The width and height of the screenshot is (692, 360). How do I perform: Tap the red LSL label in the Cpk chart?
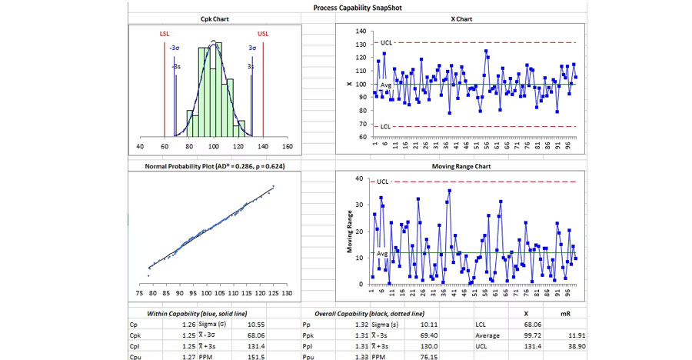point(165,35)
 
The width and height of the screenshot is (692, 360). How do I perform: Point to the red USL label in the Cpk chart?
point(263,35)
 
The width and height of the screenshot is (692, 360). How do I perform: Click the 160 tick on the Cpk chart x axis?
point(288,145)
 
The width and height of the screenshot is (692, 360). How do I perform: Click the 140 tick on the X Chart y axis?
point(361,32)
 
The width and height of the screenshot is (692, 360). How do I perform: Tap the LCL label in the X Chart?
point(388,125)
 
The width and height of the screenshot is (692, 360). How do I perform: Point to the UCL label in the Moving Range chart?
point(384,182)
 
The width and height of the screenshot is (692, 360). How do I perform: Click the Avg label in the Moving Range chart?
point(383,253)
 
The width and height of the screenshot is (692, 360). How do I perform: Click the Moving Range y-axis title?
point(350,232)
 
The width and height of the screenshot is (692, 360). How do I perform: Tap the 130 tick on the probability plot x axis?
point(287,293)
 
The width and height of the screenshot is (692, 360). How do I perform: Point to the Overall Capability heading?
point(369,314)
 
